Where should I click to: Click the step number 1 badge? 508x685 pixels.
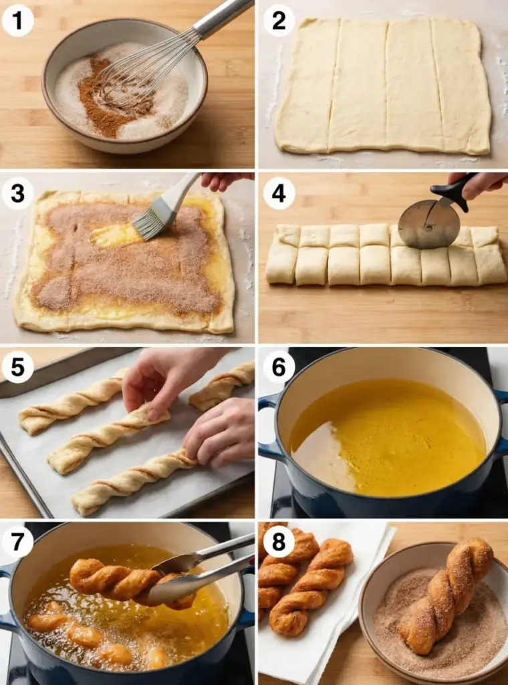[x=18, y=21]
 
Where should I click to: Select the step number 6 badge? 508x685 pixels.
[x=279, y=367]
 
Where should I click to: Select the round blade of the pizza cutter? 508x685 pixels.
[x=423, y=224]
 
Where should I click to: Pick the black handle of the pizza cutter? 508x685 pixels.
[x=454, y=189]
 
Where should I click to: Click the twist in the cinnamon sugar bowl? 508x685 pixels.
[x=446, y=594]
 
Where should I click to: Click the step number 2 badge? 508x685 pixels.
[x=279, y=21]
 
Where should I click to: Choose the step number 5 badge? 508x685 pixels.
[x=18, y=367]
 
